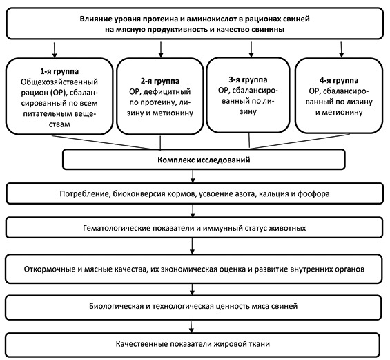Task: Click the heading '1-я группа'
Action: point(59,71)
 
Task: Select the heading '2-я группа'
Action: point(160,81)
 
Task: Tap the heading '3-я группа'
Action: point(248,79)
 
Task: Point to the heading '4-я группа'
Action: point(339,80)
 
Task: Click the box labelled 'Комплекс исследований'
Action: point(204,160)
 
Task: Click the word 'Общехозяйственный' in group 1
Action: point(59,82)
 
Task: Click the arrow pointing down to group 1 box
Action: point(55,50)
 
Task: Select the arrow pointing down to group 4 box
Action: point(342,49)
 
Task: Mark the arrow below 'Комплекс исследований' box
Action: point(193,176)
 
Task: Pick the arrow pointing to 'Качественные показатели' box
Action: point(191,327)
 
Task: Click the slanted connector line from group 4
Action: point(300,142)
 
